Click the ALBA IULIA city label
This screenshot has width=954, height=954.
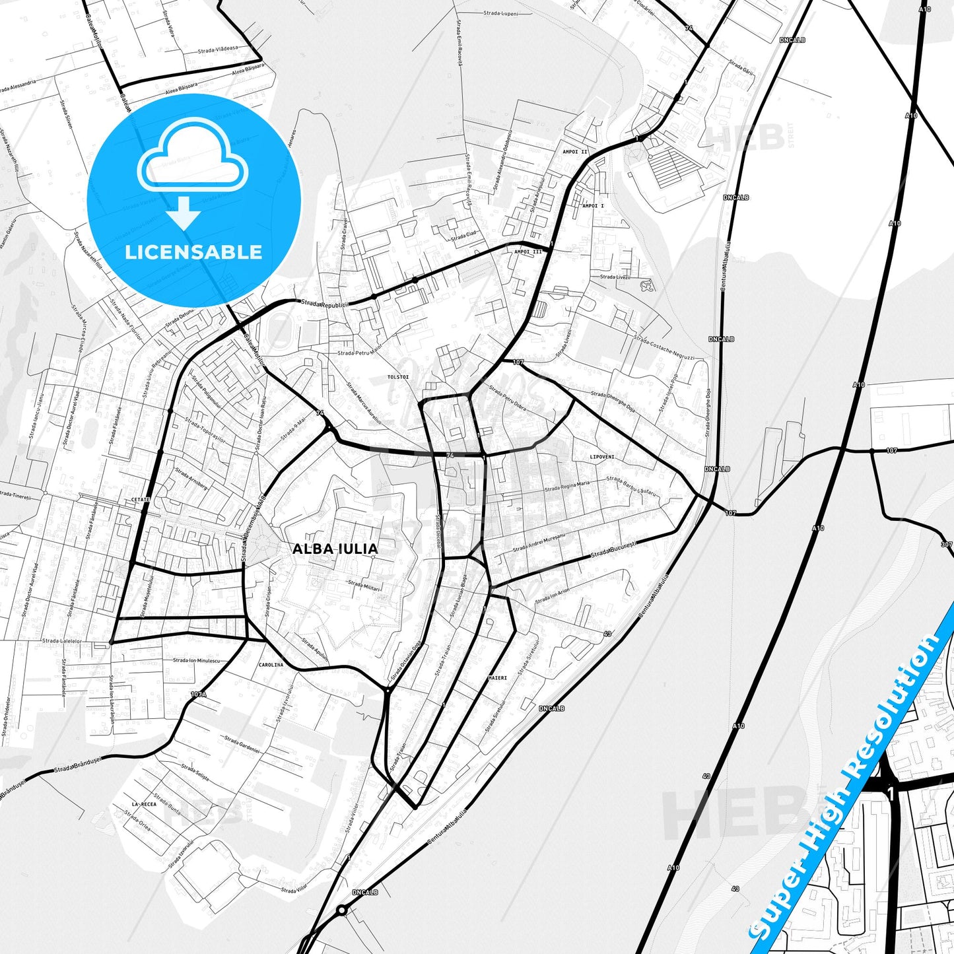pos(335,549)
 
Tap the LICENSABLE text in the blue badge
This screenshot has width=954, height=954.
pos(193,252)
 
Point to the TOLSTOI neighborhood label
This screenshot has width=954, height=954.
pos(398,377)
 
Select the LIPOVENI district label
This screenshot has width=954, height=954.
pos(602,457)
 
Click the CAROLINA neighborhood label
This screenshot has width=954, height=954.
pos(271,665)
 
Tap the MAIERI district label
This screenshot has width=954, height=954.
pos(498,678)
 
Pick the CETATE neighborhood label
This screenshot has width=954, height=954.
pos(141,500)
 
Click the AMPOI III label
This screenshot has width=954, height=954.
pos(528,252)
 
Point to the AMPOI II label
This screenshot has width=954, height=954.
pos(574,152)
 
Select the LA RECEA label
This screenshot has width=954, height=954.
pos(144,804)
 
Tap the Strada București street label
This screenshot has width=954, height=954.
pos(613,549)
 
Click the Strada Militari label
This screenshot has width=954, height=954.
pos(364,585)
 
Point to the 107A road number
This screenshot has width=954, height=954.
pos(198,695)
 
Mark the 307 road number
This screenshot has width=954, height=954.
pos(947,545)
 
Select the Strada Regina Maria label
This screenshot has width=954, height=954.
pos(566,487)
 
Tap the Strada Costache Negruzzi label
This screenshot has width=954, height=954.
pos(664,348)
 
